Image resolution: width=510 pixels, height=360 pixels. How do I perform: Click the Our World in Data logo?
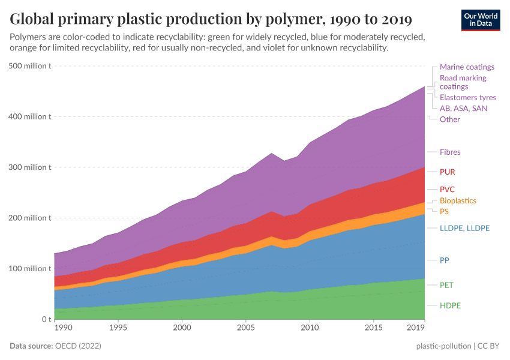coord(480,19)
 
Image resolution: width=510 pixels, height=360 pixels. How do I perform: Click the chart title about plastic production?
coord(211,19)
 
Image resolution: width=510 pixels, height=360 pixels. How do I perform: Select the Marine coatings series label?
coord(467,67)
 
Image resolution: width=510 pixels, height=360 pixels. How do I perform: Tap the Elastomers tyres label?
coord(467,97)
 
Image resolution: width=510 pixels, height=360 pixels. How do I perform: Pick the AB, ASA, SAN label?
coord(463,109)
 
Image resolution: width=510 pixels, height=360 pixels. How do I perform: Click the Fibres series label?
coord(450,152)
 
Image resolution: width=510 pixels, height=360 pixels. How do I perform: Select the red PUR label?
coord(447,172)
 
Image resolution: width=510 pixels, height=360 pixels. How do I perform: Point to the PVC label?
coord(447,190)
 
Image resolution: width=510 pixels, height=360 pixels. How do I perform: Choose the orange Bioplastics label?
coord(458,201)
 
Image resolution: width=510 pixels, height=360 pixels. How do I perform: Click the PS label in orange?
coord(444,212)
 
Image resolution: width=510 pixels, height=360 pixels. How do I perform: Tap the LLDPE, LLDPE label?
coord(464,229)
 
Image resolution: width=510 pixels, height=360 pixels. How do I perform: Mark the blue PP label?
coord(444,260)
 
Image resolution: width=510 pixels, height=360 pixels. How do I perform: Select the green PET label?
coord(446,285)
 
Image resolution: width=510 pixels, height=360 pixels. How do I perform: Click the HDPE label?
coord(449,306)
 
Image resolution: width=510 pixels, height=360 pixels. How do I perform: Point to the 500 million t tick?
coord(30,66)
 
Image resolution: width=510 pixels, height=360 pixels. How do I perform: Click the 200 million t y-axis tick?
coord(30,218)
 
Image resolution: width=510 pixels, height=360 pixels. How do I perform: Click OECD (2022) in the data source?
coord(77,346)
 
